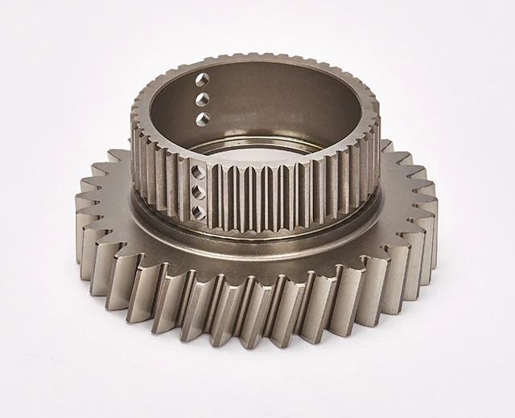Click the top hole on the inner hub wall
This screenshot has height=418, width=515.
point(202,80)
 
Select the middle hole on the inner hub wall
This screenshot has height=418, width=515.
point(203,99)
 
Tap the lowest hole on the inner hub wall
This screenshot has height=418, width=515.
point(203,119)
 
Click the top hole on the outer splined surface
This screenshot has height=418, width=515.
point(197,172)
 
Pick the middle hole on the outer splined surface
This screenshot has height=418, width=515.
point(197,192)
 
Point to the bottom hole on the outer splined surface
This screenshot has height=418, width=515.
point(197,212)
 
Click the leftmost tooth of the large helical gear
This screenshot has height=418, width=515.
point(83,211)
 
